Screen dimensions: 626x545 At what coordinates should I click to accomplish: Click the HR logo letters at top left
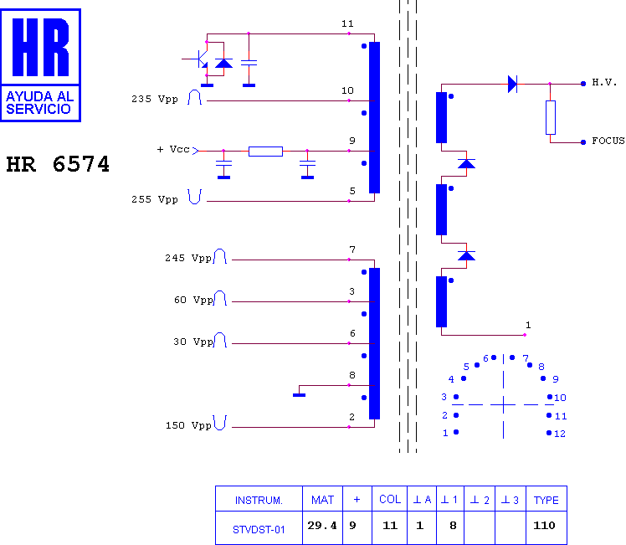pos(41,47)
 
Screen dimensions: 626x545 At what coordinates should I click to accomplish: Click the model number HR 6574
pos(58,164)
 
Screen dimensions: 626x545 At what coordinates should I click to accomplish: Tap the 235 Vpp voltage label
pos(155,99)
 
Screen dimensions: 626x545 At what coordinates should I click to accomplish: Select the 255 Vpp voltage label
pos(155,199)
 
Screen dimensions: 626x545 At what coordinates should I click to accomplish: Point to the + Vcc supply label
pos(173,149)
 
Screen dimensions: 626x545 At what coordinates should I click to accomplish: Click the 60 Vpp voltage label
pos(193,300)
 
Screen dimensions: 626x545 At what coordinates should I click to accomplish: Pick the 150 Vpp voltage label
pos(188,425)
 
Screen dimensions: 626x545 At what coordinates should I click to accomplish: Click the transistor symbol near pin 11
pos(202,59)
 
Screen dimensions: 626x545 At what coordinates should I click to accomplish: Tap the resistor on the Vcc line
pos(265,152)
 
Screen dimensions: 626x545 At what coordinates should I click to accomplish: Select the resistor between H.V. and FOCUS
pos(551,117)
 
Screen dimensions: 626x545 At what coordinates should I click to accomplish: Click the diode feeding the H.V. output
pos(513,84)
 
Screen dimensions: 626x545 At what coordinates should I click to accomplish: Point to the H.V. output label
pos(604,83)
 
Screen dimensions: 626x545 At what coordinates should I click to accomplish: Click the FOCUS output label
pos(608,141)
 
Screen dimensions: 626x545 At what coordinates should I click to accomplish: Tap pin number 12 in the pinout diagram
pos(560,434)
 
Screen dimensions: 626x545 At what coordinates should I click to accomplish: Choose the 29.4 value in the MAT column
pos(322,526)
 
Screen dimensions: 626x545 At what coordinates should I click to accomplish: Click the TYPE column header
pos(546,501)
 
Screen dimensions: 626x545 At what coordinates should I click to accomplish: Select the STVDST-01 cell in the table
pos(259,530)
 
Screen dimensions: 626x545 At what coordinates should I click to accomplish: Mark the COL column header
pos(390,500)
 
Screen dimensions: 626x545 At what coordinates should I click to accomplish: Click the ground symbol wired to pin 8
pos(299,395)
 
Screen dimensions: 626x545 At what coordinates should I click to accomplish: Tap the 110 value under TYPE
pos(544,526)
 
